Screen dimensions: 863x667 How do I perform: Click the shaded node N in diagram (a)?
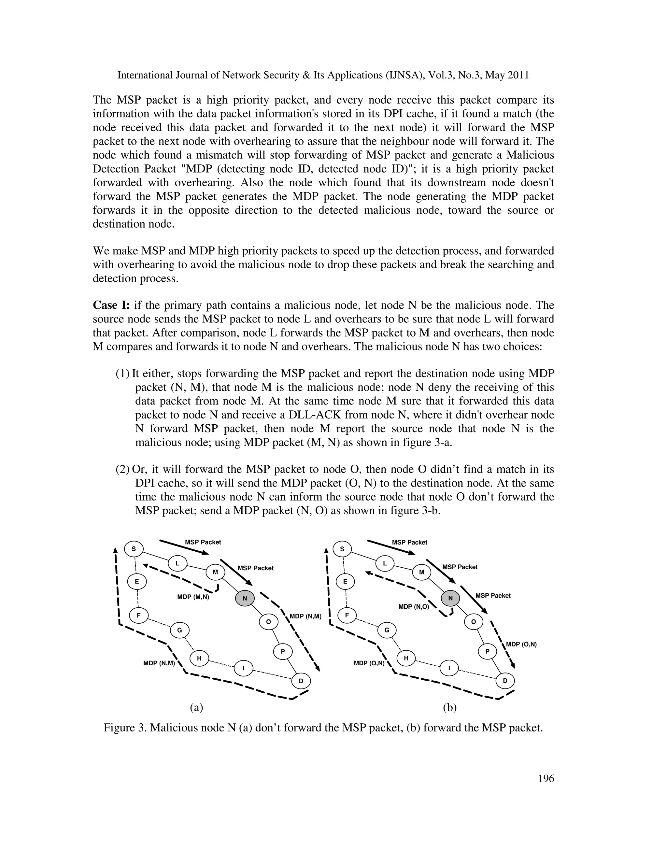245,598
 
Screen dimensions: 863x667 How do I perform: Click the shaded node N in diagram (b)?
450,598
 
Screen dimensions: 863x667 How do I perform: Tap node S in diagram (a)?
134,549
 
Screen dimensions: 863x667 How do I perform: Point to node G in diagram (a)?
179,630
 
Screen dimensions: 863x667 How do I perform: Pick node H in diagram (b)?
406,658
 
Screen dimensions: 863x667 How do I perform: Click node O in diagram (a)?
268,622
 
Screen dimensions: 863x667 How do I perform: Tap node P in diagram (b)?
488,651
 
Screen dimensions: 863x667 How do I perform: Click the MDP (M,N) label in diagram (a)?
193,597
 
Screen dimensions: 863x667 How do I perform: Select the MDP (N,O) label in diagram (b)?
414,607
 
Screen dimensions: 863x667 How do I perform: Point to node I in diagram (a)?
243,668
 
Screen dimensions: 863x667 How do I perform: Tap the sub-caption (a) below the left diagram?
196,707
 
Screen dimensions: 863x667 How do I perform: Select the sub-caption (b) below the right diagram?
450,707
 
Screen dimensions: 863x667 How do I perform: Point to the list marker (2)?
123,469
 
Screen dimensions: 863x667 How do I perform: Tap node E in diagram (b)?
345,582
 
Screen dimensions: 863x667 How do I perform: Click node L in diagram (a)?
178,563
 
